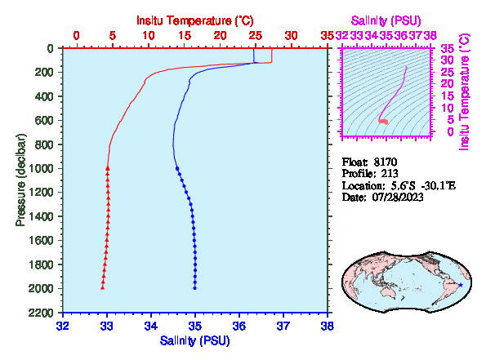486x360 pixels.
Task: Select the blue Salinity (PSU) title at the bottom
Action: point(195,340)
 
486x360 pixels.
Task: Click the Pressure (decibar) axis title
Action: point(20,180)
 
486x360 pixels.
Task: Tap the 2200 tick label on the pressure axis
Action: point(41,313)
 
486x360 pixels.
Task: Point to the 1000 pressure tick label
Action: point(41,168)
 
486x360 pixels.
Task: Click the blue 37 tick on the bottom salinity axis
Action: point(283,326)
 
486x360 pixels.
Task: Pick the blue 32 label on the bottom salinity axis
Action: point(63,326)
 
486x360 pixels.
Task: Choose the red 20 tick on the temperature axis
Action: point(220,36)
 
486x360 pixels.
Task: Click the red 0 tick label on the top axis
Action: point(76,36)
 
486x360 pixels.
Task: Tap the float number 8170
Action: point(386,162)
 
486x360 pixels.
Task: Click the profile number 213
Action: point(390,174)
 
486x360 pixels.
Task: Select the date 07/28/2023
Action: point(398,197)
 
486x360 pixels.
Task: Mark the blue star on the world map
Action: point(461,285)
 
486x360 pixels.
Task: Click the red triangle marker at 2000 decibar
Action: point(103,288)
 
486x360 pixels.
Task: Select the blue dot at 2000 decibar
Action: point(195,288)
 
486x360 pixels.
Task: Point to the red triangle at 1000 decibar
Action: point(108,168)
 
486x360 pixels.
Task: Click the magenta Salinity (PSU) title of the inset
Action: point(386,20)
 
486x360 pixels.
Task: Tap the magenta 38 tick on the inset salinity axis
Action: point(430,36)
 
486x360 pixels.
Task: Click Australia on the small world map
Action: point(388,292)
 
